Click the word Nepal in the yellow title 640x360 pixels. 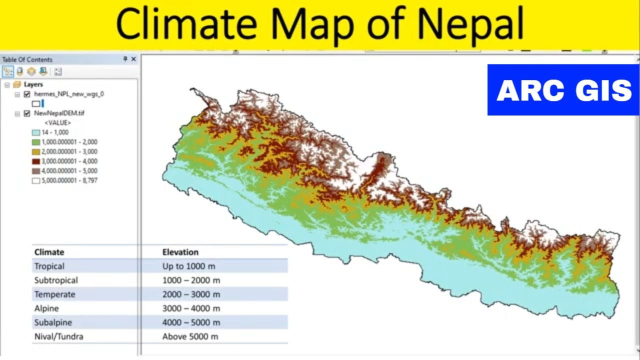470,24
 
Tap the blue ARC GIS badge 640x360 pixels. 563,90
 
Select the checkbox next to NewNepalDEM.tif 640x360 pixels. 27,113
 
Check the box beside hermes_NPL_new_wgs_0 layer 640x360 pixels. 27,94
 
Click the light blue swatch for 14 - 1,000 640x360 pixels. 35,132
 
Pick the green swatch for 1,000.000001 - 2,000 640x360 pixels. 35,142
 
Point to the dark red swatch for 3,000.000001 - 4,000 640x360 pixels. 35,161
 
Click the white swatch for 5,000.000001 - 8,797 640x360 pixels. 35,180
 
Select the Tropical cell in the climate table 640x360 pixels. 49,266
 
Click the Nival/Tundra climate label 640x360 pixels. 58,336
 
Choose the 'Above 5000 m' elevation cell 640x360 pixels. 190,336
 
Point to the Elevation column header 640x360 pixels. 180,252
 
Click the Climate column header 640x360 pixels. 49,252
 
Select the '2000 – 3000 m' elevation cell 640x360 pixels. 191,294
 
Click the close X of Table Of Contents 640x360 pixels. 133,59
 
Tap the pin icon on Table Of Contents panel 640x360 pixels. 125,59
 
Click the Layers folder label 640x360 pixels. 33,84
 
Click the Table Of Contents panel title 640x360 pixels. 27,59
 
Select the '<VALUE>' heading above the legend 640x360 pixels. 57,122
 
